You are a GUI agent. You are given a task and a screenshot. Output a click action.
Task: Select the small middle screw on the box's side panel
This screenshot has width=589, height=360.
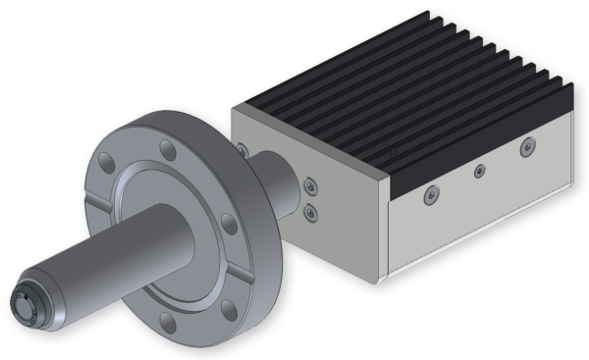[479, 173]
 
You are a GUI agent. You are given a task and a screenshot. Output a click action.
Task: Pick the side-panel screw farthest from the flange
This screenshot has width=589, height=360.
[527, 148]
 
